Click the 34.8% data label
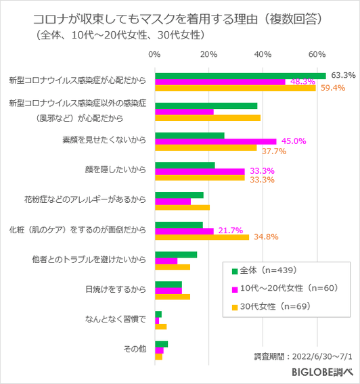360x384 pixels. [x=266, y=237]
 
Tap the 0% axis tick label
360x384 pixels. [x=155, y=53]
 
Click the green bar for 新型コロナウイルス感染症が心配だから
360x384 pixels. [x=240, y=76]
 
